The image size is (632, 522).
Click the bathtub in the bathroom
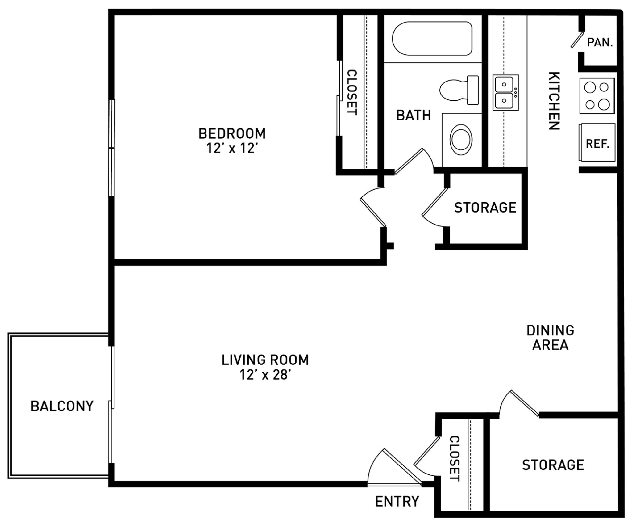[x=432, y=39]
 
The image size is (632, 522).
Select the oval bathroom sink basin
[x=461, y=140]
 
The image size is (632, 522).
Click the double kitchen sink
[x=505, y=92]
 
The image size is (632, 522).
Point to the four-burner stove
[x=597, y=96]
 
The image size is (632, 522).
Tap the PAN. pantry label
[x=600, y=42]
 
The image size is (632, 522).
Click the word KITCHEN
[x=554, y=101]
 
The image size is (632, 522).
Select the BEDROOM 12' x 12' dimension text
[x=232, y=149]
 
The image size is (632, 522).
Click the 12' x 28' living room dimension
[x=265, y=375]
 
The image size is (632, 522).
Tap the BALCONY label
[x=62, y=406]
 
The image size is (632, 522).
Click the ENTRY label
[x=397, y=501]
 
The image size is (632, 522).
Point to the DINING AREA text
[x=550, y=338]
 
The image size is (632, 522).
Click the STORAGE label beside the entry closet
[x=553, y=465]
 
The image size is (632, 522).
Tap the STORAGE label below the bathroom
[x=485, y=207]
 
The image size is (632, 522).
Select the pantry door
[x=576, y=40]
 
